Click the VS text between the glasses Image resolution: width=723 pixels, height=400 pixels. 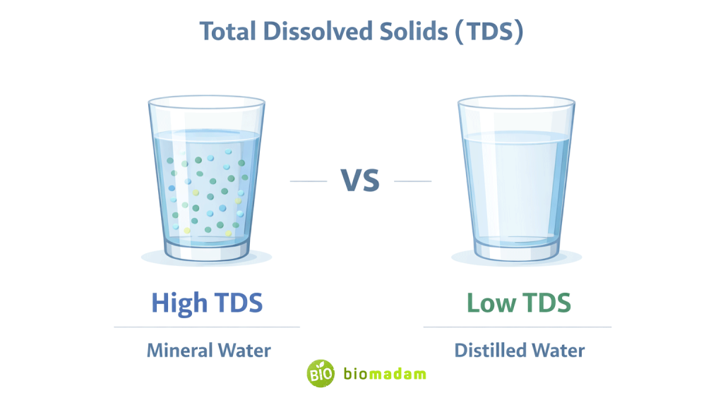coord(361,181)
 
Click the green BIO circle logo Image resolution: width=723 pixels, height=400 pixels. coord(320,373)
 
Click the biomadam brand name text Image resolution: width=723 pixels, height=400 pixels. coord(385,373)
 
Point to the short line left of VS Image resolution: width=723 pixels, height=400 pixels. coord(309,181)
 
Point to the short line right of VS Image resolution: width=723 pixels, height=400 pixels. coord(412,181)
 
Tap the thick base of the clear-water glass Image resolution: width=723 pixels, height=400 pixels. coord(516,248)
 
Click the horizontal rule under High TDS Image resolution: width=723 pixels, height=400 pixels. coord(207,327)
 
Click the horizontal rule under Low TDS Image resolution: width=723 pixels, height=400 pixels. coord(517,327)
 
